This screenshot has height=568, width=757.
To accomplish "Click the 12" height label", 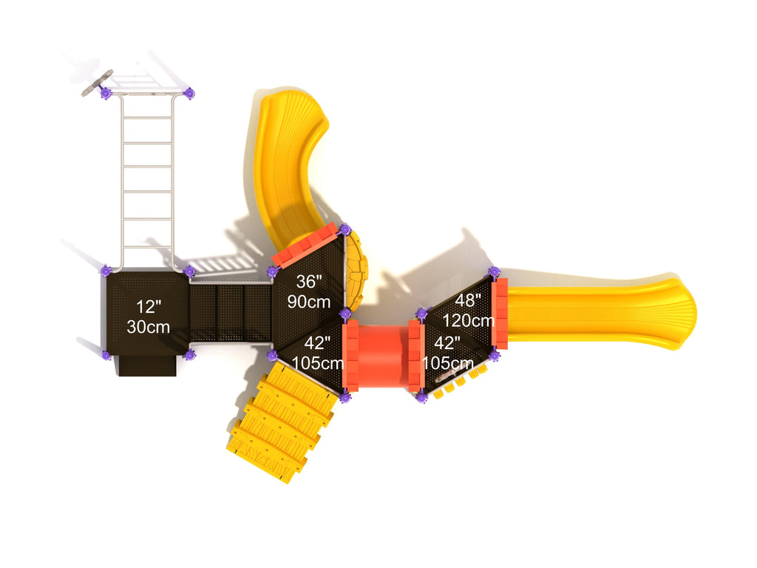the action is (149, 307).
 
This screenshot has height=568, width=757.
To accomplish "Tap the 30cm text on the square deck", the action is (148, 327).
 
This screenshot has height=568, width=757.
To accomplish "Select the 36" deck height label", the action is (309, 281).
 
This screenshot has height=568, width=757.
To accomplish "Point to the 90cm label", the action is (309, 302).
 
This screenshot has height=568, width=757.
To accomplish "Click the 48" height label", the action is (468, 300).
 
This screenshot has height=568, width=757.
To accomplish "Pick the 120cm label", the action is (468, 320).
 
